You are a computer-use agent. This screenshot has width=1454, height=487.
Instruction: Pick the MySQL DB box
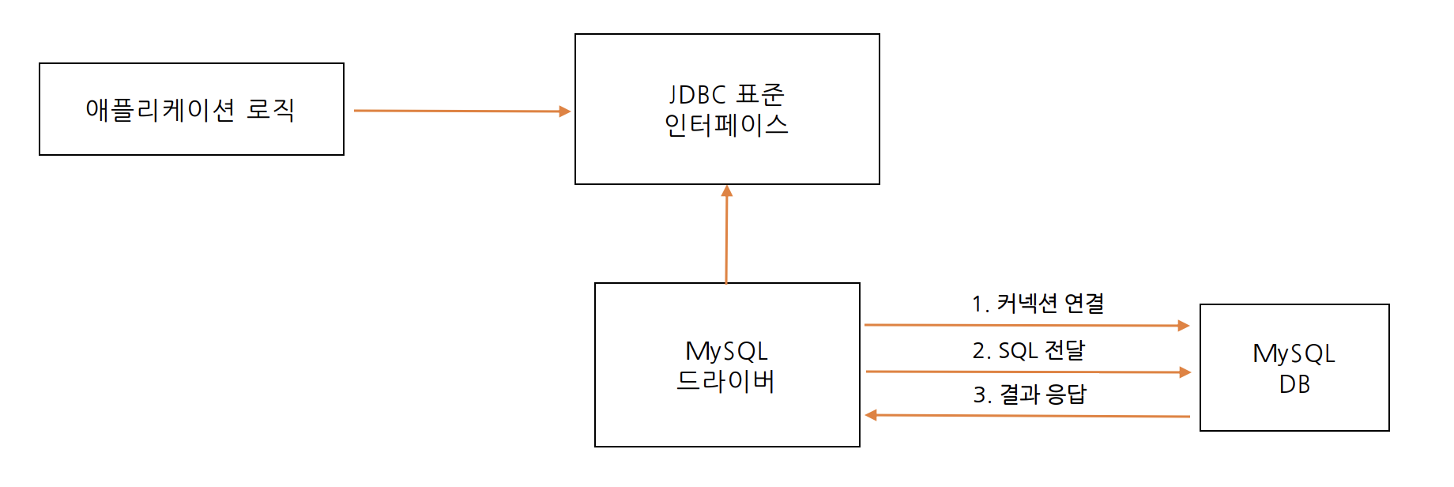(1294, 411)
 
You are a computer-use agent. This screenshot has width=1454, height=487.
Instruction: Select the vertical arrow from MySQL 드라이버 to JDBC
(726, 237)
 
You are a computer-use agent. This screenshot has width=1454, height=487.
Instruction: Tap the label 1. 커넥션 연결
(1038, 303)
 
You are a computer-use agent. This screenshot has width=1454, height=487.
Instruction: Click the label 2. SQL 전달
(1029, 349)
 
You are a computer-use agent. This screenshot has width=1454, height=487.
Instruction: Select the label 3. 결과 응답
(1030, 394)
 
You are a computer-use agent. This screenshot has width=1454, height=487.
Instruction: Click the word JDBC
(698, 95)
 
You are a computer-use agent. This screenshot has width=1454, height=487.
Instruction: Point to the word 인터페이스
(726, 125)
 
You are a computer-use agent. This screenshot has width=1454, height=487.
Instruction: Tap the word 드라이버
(725, 381)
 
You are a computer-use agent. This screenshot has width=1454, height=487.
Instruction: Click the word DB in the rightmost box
(1294, 384)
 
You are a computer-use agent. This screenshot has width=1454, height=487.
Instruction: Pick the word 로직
(270, 109)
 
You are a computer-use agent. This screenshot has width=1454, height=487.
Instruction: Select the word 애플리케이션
(160, 109)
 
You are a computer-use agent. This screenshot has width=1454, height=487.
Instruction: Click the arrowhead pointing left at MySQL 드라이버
(871, 415)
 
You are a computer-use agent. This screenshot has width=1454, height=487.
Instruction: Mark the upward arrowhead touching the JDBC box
(727, 191)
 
